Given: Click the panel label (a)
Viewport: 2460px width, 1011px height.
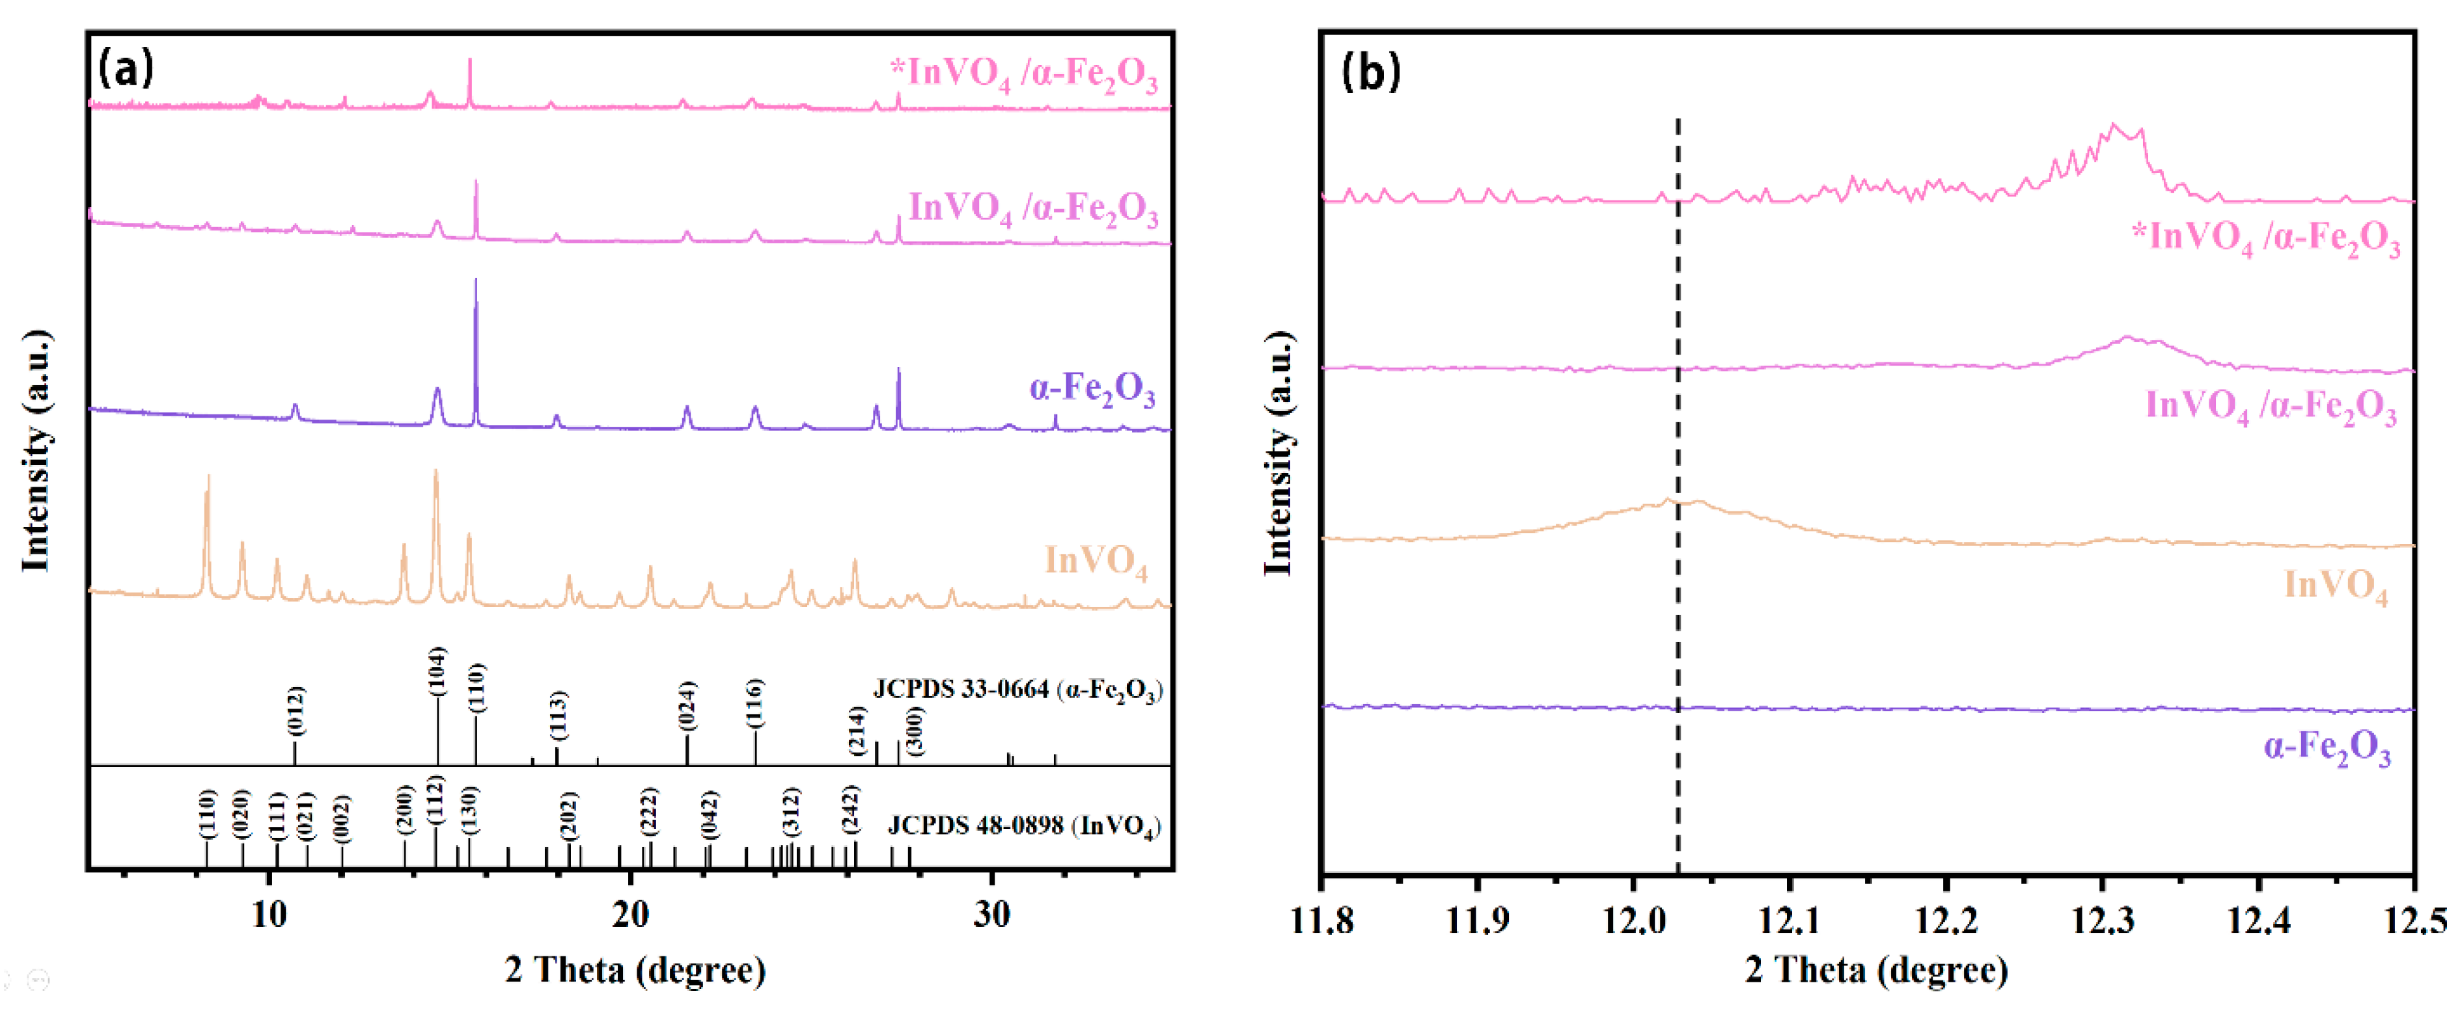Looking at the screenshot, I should pos(126,69).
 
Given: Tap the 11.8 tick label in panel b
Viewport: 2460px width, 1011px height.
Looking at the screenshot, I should pos(1323,921).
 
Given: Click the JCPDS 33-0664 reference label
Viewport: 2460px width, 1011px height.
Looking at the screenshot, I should pos(1017,689).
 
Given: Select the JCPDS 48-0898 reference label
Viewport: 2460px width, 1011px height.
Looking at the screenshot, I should pos(1024,825).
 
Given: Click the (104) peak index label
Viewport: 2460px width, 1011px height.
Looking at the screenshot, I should pos(436,671).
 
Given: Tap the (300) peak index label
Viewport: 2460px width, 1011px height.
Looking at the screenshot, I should pos(915,731).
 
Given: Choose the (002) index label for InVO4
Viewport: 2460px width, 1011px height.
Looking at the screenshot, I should pos(341,818).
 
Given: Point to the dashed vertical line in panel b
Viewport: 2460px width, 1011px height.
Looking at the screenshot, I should pos(1678,478).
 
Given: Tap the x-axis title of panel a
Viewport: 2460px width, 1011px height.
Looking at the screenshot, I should pos(635,970).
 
